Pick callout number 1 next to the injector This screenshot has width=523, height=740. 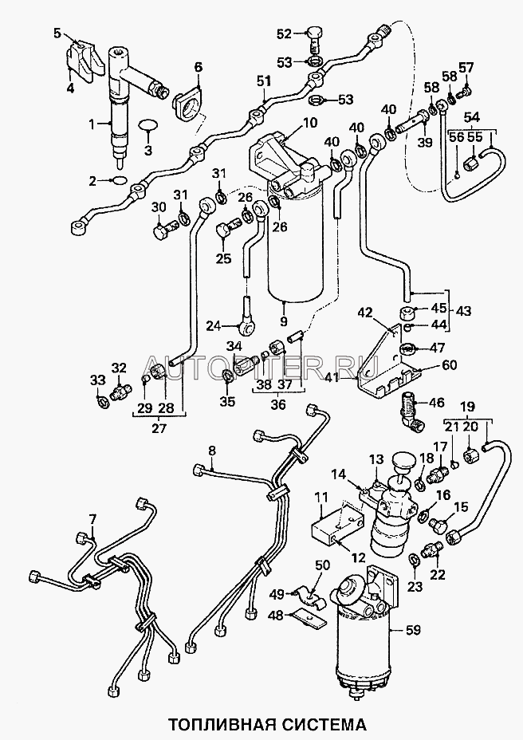pos(92,123)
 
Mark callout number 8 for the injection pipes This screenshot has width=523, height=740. pos(211,451)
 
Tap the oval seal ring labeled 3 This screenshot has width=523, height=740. pos(147,125)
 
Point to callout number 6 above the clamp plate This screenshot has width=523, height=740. pos(197,67)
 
